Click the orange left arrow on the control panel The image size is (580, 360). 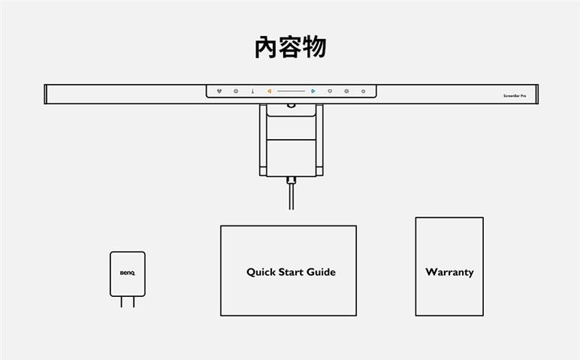click(x=269, y=92)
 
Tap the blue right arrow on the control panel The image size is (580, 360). click(x=313, y=92)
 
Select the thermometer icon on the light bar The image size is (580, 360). click(x=252, y=92)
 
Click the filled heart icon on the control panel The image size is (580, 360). click(x=219, y=92)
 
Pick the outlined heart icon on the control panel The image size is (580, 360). click(x=330, y=92)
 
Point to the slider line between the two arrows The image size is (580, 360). click(x=291, y=92)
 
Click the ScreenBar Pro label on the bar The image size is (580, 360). click(x=515, y=97)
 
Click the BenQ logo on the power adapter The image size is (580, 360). click(x=127, y=273)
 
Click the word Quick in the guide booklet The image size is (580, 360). click(x=261, y=272)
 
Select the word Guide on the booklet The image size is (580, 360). click(x=320, y=272)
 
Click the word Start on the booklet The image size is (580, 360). click(x=291, y=272)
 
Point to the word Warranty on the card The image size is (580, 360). click(x=449, y=272)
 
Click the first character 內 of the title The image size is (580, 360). click(x=267, y=47)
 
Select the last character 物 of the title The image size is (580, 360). click(x=315, y=47)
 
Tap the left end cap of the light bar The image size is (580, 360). click(x=46, y=95)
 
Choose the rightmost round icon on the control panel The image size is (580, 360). click(x=363, y=92)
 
